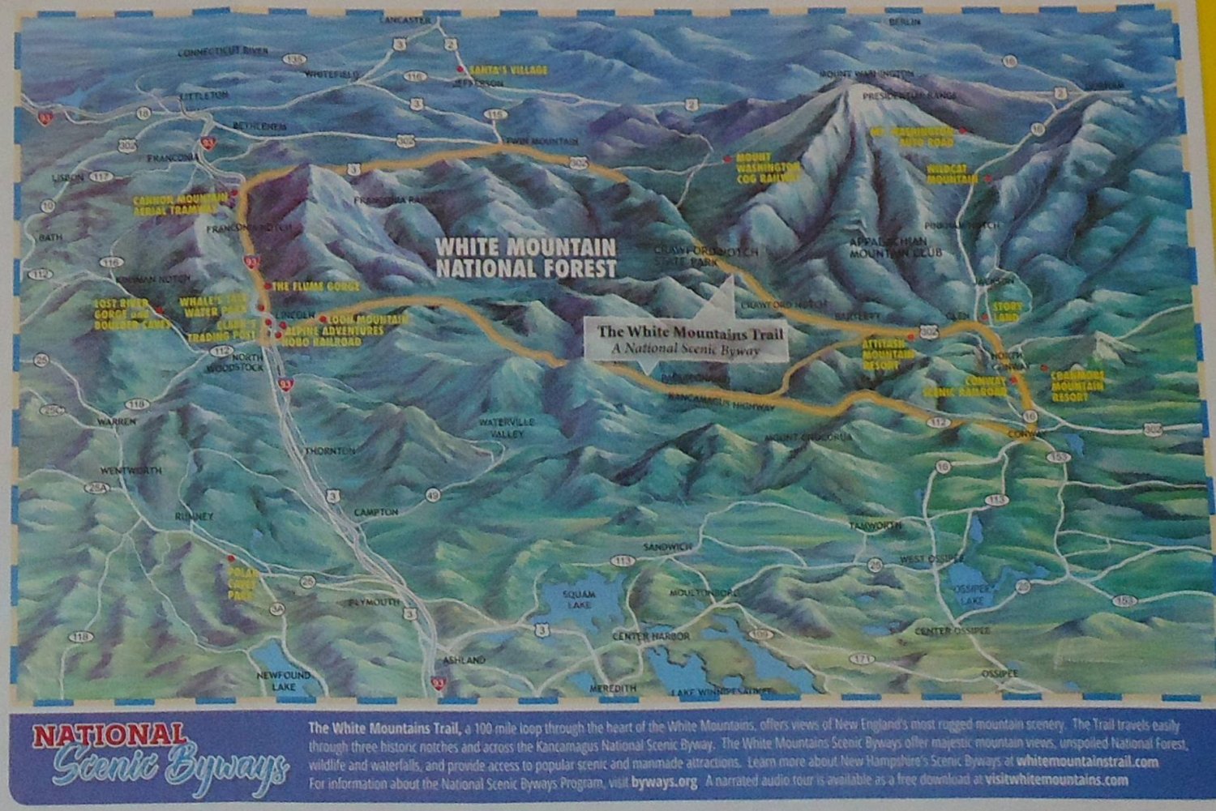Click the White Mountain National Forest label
526,257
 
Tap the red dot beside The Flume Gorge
268,287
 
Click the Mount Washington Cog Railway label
769,167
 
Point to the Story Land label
1003,312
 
